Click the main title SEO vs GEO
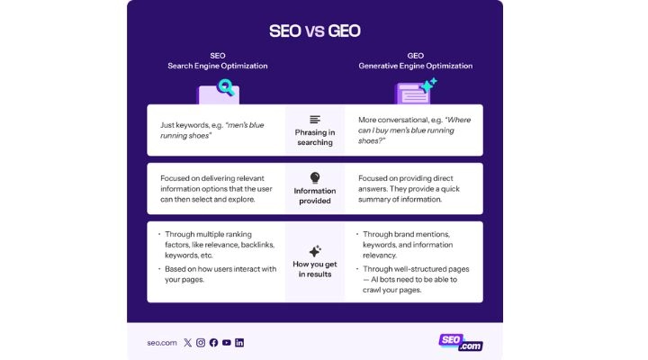pyautogui.click(x=315, y=31)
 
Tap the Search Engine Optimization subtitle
pyautogui.click(x=217, y=66)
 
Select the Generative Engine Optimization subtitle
pyautogui.click(x=415, y=66)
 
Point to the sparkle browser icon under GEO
pyautogui.click(x=416, y=91)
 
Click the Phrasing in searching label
pyautogui.click(x=315, y=137)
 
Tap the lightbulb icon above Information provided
pyautogui.click(x=315, y=178)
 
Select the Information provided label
pyautogui.click(x=315, y=196)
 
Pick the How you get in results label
pyautogui.click(x=315, y=267)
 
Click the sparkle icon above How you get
pyautogui.click(x=315, y=250)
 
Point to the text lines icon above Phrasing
pyautogui.click(x=315, y=120)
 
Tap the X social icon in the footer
pyautogui.click(x=187, y=343)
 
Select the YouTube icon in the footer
pyautogui.click(x=227, y=343)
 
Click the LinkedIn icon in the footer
pyautogui.click(x=239, y=343)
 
